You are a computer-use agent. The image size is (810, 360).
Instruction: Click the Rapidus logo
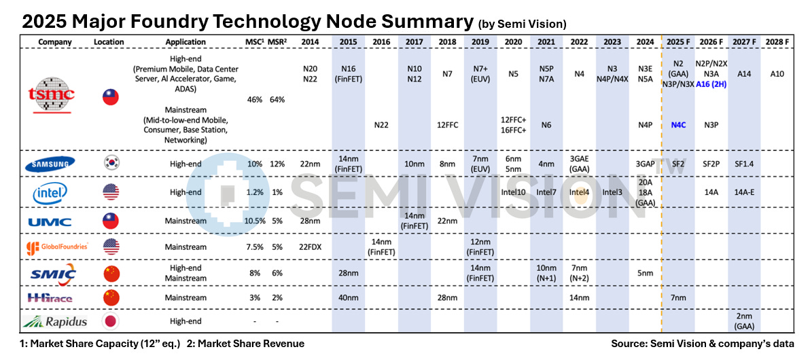(x=55, y=321)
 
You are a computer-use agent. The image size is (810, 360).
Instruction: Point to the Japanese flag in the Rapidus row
(x=110, y=321)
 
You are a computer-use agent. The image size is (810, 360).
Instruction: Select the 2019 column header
(x=480, y=41)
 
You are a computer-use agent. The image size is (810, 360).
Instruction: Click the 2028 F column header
(x=778, y=41)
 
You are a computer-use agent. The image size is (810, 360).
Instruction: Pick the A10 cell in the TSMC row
(x=778, y=73)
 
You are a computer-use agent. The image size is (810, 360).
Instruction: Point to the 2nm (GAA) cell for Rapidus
(x=744, y=321)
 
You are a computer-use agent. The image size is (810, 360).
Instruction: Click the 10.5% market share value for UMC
(x=256, y=221)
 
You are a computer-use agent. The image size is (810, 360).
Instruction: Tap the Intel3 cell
(x=612, y=193)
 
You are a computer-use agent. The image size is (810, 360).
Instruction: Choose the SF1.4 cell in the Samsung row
(x=744, y=164)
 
